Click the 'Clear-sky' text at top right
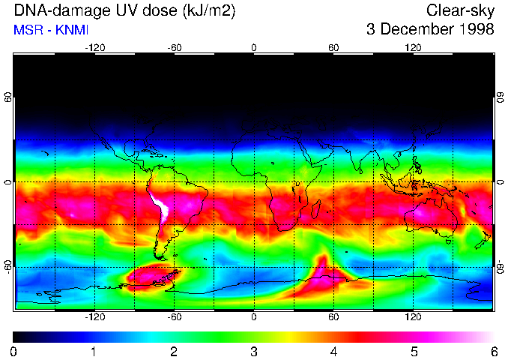[x=459, y=11]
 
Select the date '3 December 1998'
[x=430, y=30]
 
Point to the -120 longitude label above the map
[x=94, y=47]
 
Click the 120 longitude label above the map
[x=413, y=47]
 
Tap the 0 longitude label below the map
[x=254, y=316]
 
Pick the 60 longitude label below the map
[x=333, y=316]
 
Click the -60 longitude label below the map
[x=175, y=316]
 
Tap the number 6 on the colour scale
[x=493, y=351]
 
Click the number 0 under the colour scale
[x=14, y=351]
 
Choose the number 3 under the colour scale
[x=254, y=351]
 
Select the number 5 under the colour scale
[x=414, y=351]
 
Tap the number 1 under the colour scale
[x=94, y=351]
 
